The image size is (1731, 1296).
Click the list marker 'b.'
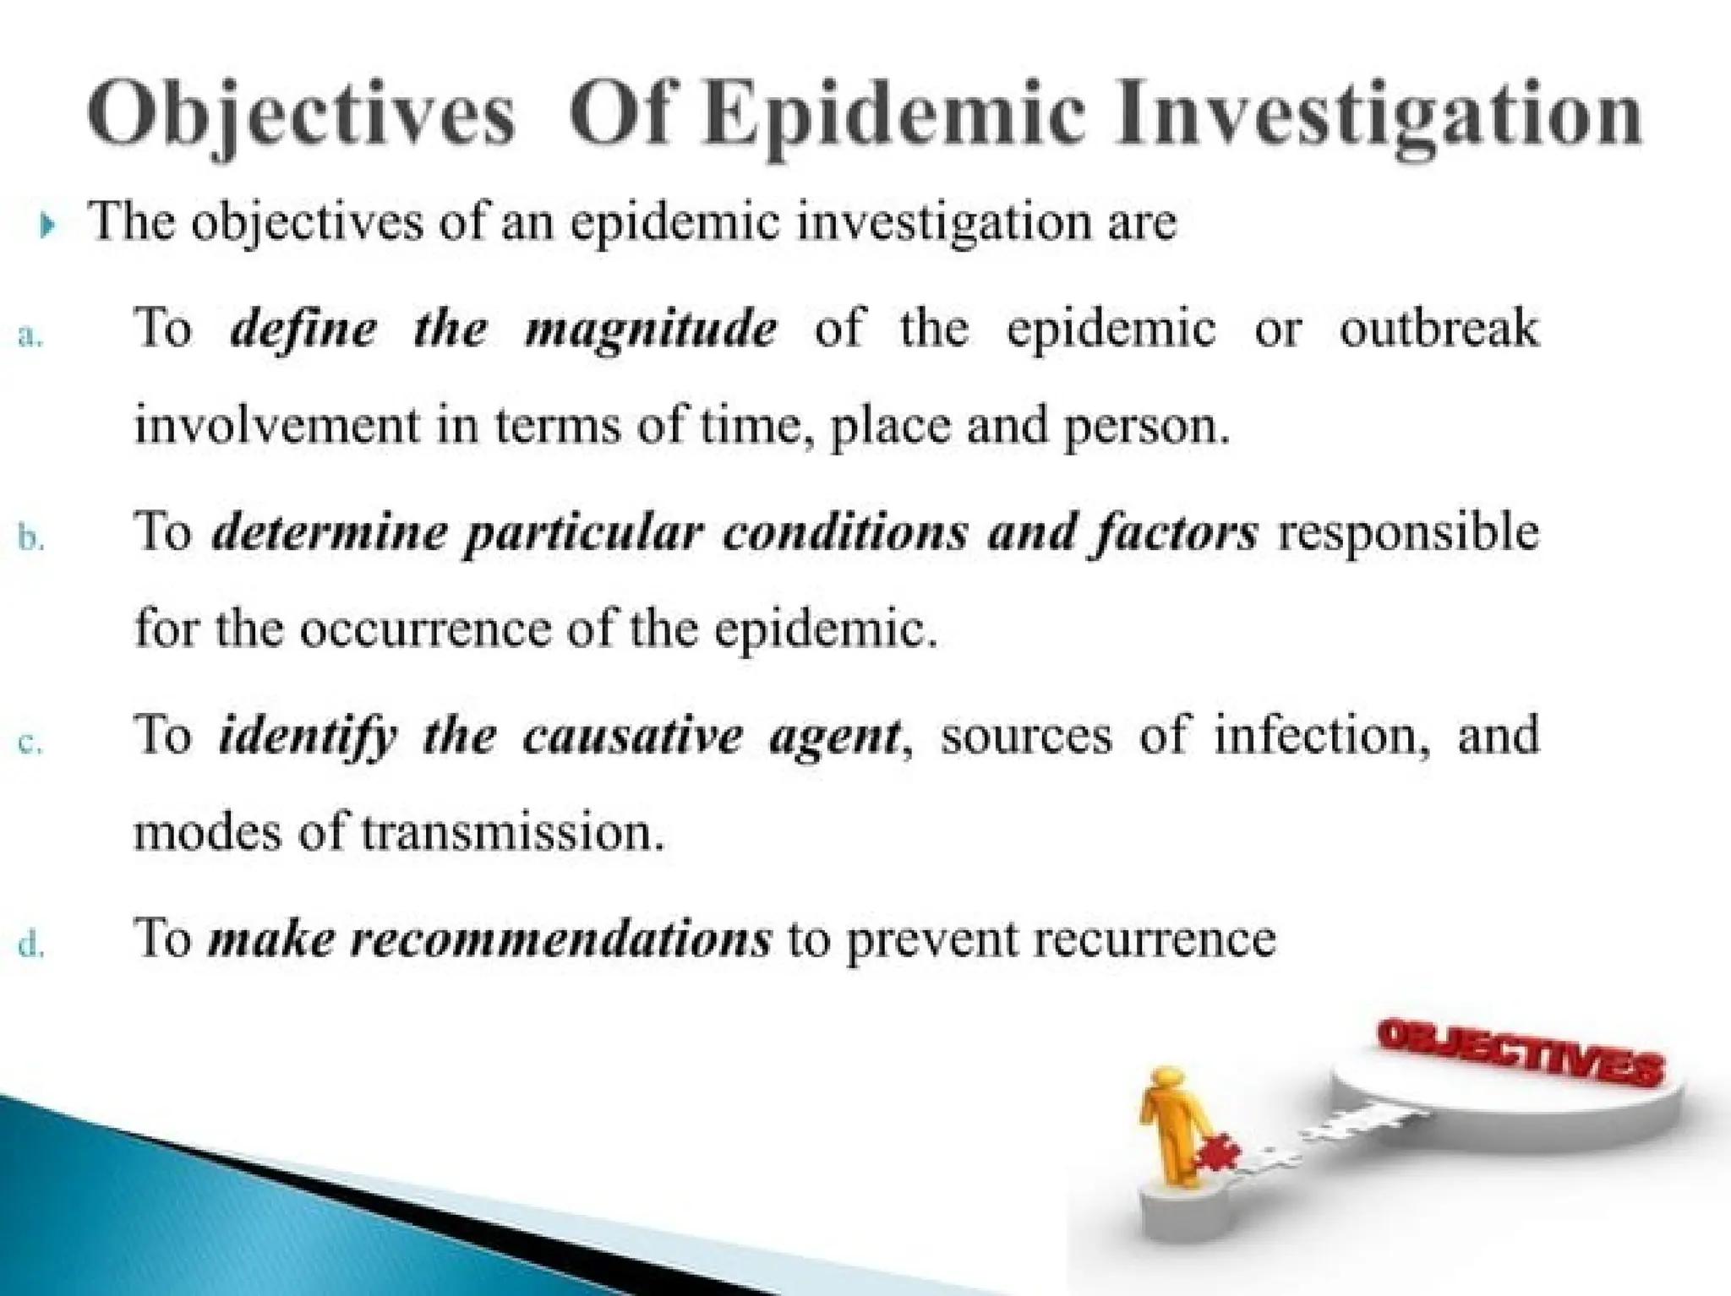pos(30,539)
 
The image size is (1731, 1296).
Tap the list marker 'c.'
pos(30,744)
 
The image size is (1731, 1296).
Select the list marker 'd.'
pos(30,946)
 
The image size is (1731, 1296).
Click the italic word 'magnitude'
pos(650,329)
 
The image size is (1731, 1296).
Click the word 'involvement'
pos(277,424)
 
